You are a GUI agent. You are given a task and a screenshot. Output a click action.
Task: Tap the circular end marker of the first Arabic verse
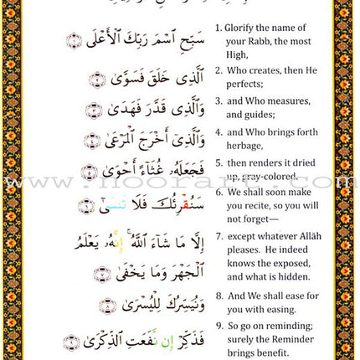pos(75,39)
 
